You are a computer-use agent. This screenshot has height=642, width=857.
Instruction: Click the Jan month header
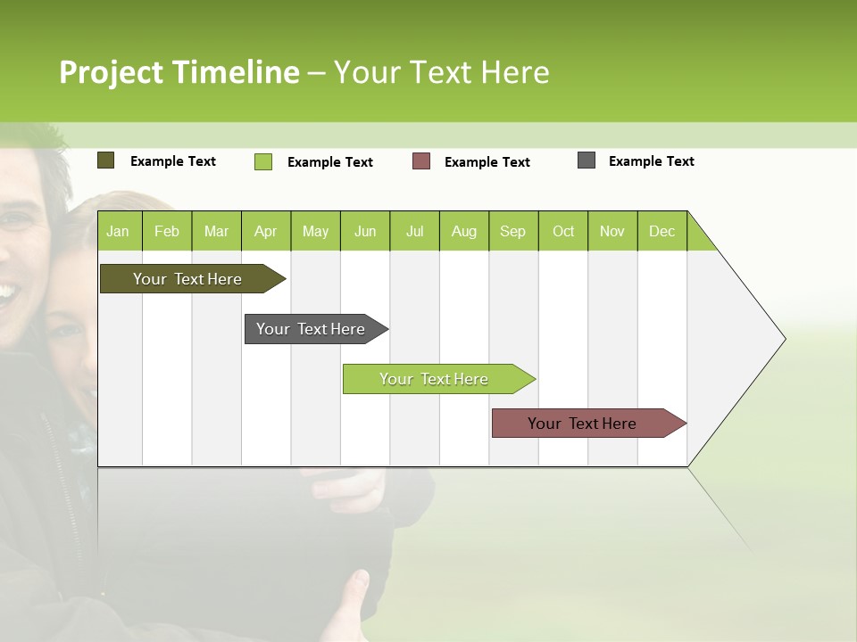tap(119, 231)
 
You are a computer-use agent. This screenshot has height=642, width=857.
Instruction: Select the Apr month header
tap(266, 231)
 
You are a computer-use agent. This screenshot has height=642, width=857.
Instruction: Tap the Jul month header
tap(414, 231)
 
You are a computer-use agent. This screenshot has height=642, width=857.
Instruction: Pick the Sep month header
tap(512, 231)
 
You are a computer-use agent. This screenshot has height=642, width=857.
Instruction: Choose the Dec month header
tap(661, 231)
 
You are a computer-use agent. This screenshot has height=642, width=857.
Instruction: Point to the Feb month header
tap(167, 231)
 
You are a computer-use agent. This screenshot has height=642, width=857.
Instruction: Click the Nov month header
tap(612, 231)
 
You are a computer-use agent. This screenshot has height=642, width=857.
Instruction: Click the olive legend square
tap(106, 160)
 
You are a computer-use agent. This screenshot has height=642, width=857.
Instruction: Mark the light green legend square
tap(263, 161)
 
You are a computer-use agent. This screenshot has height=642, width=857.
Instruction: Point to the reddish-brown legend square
tap(421, 161)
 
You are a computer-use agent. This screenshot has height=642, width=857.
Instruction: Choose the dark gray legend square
tap(587, 160)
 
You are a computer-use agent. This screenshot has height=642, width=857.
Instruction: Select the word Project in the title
tap(111, 73)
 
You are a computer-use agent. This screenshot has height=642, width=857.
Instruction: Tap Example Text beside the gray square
tap(651, 161)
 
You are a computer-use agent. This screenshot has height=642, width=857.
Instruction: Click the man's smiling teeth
tap(7, 292)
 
